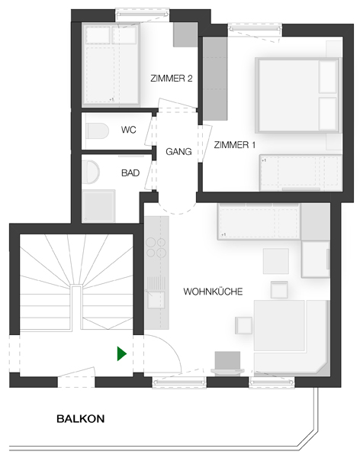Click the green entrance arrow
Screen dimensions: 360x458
point(121,353)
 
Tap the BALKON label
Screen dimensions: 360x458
point(81,419)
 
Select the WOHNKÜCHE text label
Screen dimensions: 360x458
point(213,292)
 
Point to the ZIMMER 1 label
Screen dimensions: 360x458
point(234,145)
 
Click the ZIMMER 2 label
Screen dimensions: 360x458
point(172,79)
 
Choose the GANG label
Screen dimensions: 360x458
point(178,152)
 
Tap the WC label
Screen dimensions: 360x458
point(128,130)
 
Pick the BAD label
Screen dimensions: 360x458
point(130,173)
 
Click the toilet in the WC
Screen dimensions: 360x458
point(97,131)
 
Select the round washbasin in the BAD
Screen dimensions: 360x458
point(91,172)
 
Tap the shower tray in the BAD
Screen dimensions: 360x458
point(98,206)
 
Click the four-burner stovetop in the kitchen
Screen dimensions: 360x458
point(156,247)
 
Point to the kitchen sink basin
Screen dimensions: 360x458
point(156,300)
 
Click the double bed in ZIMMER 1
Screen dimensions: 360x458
point(297,95)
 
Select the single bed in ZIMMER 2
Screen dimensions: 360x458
point(111,65)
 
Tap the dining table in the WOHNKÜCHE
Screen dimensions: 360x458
point(279,325)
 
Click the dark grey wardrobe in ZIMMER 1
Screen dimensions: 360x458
point(215,79)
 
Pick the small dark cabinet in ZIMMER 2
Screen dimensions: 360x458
point(185,35)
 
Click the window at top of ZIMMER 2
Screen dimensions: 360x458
point(142,14)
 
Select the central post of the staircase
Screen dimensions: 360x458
point(76,308)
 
